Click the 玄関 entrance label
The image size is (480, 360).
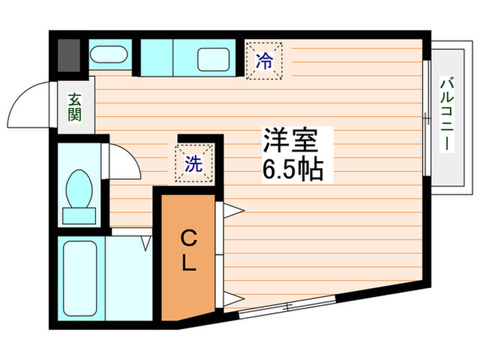click(74, 107)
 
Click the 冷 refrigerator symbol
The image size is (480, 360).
click(264, 60)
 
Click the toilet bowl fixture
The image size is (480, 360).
click(81, 188)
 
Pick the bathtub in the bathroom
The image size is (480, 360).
click(79, 278)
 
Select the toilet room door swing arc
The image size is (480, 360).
click(123, 160)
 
